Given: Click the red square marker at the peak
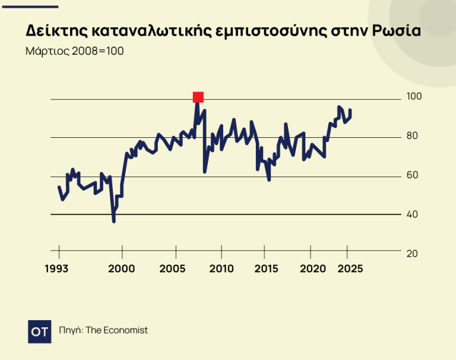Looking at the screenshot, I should tap(198, 97).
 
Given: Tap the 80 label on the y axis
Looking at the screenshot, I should tap(412, 136).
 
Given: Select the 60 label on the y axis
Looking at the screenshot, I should tap(412, 175).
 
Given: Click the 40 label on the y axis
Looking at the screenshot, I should tap(412, 214).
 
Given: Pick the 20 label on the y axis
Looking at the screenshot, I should tap(412, 254).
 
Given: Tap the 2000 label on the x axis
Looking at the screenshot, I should tap(122, 269).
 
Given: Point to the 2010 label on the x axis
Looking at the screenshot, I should tap(221, 269).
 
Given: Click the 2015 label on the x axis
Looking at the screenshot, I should tap(266, 269).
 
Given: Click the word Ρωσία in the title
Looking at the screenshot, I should tap(397, 31).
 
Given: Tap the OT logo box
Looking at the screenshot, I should tap(40, 331).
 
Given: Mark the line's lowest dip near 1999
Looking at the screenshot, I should tap(113, 221).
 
